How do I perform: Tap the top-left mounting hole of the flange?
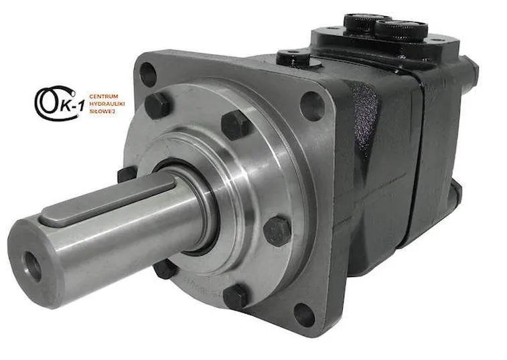pos(149,74)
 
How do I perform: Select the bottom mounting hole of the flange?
pos(304,315)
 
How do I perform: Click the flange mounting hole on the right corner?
pos(312,106)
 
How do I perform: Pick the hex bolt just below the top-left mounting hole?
pos(157,105)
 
